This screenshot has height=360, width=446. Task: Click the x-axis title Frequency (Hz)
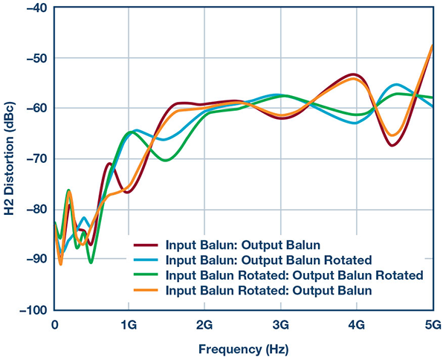tap(242, 347)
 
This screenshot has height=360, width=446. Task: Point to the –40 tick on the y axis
tap(33, 8)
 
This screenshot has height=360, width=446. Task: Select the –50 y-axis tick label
tap(33, 58)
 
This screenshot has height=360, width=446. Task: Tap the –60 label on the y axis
tap(33, 109)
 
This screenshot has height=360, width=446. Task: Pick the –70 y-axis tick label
tap(33, 158)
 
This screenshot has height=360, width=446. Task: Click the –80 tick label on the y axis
tap(33, 209)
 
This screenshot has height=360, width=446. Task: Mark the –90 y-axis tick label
tap(33, 259)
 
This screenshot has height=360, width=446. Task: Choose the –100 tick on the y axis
tap(30, 309)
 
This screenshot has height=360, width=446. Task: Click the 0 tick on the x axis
tap(55, 325)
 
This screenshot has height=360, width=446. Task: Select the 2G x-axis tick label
tap(204, 325)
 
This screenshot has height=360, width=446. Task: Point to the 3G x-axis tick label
tap(281, 325)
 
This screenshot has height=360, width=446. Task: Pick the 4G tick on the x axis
tap(356, 325)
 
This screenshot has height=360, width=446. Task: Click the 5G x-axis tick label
tap(432, 325)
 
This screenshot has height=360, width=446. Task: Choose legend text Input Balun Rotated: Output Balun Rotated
tap(294, 275)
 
